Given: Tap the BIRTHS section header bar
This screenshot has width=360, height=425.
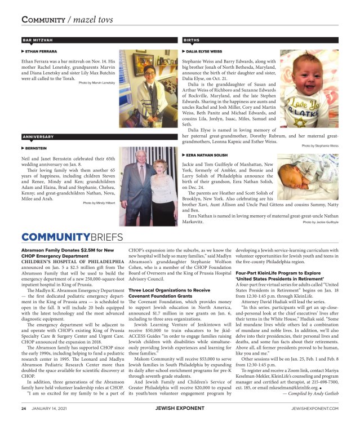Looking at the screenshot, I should (x=260, y=41).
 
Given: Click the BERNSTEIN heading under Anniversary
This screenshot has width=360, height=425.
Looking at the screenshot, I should (x=35, y=148).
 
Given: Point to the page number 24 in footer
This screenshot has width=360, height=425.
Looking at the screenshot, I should (x=24, y=408).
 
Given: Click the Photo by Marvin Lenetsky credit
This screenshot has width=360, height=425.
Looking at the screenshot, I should (x=97, y=83).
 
